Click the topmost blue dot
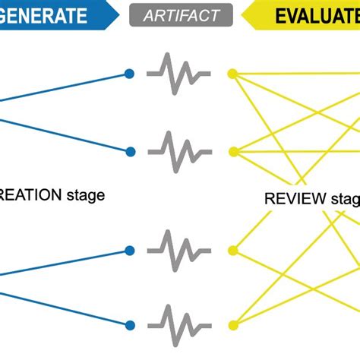[129, 74]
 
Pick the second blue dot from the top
[129, 151]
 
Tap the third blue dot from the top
[129, 249]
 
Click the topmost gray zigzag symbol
[179, 74]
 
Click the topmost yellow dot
[232, 74]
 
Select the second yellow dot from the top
[232, 151]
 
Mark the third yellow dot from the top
[232, 249]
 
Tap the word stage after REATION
[84, 195]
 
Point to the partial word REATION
[30, 195]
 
